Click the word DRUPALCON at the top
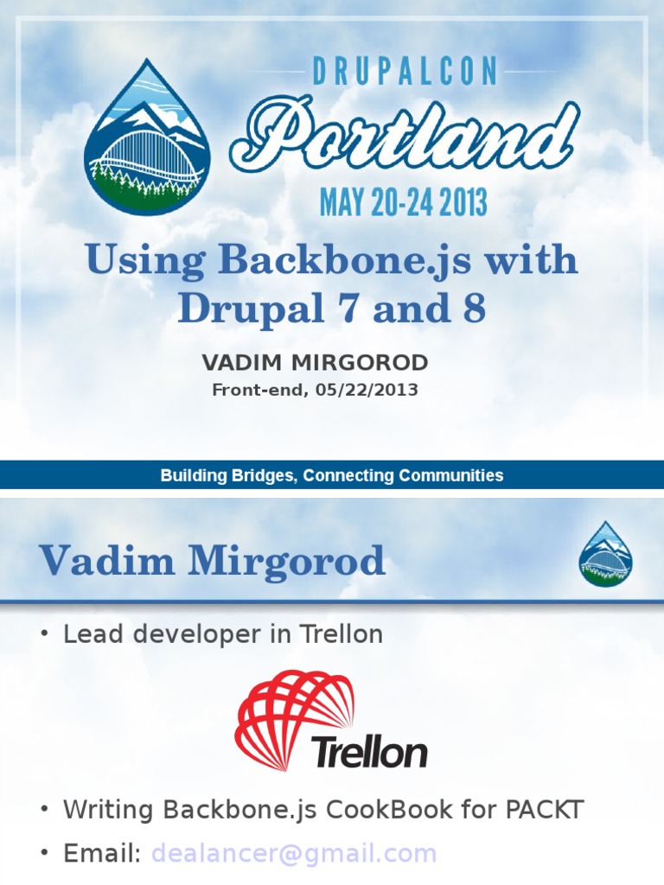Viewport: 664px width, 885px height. point(405,71)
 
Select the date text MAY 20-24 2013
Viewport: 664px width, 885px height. point(403,201)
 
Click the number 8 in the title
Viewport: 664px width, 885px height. point(475,309)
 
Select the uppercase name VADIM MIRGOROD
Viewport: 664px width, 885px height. point(315,362)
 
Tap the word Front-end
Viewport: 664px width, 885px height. point(259,390)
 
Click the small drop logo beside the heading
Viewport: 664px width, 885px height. point(606,554)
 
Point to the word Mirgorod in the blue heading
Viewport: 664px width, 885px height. point(287,561)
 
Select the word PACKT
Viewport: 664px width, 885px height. point(544,809)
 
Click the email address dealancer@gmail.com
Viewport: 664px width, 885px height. point(294,854)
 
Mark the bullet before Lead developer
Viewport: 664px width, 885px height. point(45,634)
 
